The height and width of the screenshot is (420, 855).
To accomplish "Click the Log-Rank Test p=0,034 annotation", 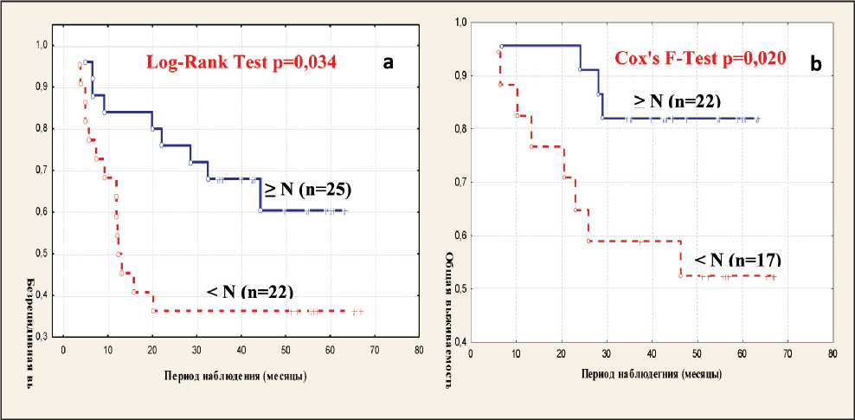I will (240, 62).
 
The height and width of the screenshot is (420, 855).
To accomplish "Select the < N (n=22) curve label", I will (256, 292).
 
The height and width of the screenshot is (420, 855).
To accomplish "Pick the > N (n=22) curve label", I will (677, 100).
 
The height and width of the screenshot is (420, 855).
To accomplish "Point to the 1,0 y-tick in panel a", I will (42, 45).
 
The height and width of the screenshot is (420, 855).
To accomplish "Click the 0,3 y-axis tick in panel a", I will (42, 336).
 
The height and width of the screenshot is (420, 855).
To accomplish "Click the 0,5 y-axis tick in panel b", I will (461, 288).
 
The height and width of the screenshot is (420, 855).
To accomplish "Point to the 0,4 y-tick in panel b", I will (461, 341).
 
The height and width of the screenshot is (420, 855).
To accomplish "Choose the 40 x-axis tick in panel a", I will (241, 352).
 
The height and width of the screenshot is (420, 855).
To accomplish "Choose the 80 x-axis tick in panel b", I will (832, 354).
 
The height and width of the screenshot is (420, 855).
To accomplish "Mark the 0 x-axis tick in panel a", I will (63, 352).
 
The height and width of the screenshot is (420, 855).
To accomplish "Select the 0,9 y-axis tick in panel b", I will (461, 75).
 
